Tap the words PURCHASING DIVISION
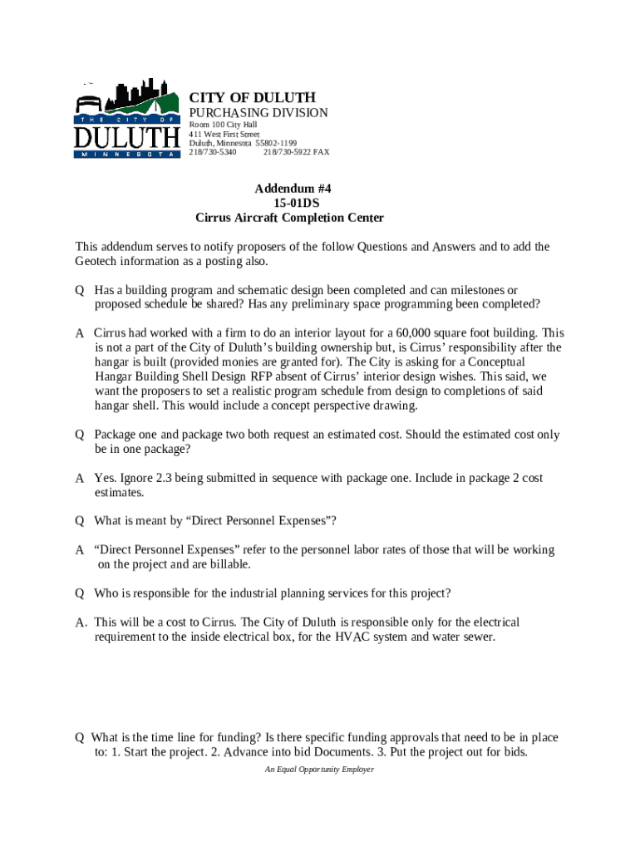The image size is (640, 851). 258,113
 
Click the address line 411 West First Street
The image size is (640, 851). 224,134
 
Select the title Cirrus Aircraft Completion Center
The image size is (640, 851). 289,219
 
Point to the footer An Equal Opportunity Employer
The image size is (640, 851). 319,770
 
